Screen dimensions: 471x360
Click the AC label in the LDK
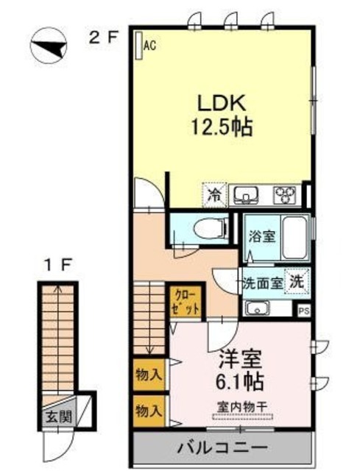150,46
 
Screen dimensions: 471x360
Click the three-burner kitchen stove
284,195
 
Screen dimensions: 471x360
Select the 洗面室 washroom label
263,281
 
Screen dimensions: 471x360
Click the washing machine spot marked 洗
297,280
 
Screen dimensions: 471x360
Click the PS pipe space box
303,311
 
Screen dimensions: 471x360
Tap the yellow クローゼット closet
186,302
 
